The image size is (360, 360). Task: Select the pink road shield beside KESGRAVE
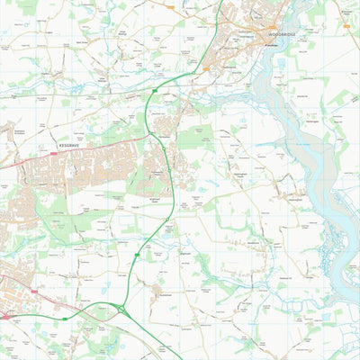point(54,153)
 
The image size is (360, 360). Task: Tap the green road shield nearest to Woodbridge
point(155,91)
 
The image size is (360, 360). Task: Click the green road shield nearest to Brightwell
point(137,255)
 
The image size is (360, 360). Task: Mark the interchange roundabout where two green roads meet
point(121,309)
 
